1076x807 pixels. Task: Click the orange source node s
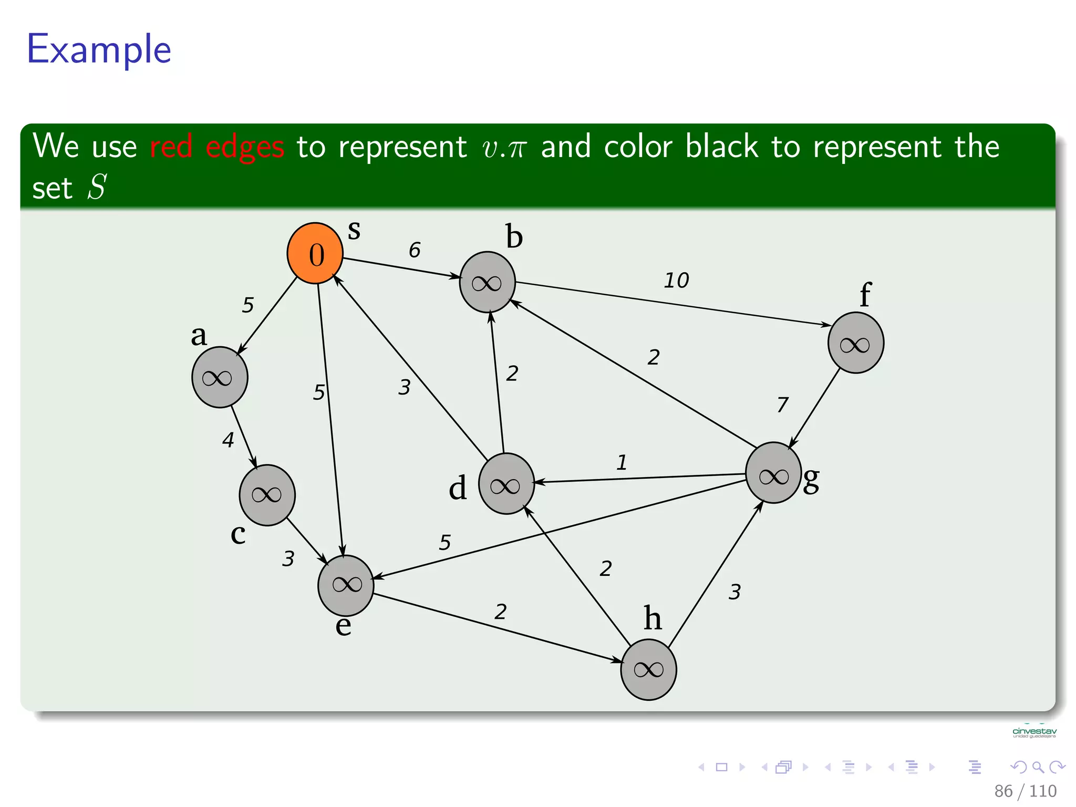click(315, 253)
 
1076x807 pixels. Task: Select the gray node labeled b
click(487, 282)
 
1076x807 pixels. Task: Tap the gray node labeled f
click(855, 343)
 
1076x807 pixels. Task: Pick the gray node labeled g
click(773, 473)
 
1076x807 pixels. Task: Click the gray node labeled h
click(648, 669)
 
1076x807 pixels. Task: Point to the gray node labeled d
click(506, 484)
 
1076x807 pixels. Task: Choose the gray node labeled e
click(346, 585)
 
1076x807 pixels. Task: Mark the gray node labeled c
click(267, 495)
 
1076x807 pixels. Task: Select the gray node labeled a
click(220, 377)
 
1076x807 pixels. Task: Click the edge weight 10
click(676, 281)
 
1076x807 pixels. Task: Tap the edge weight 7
click(782, 405)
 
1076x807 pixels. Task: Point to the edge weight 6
click(415, 250)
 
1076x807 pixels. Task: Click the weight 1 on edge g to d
click(622, 463)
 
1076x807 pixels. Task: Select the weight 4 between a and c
click(227, 440)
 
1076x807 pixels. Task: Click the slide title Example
click(99, 49)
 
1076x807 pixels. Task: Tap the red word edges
click(245, 147)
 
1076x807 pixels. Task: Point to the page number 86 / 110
click(1025, 791)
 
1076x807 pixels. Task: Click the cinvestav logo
click(1034, 732)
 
